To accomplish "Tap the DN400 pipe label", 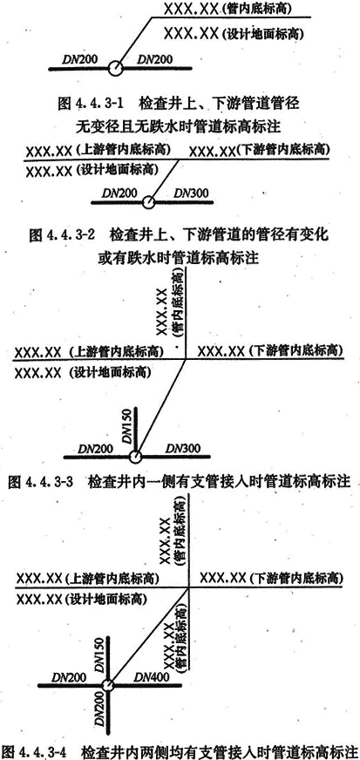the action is (x=150, y=676).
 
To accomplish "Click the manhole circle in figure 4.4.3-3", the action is (x=135, y=456).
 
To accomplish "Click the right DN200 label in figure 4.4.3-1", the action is (x=155, y=59).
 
